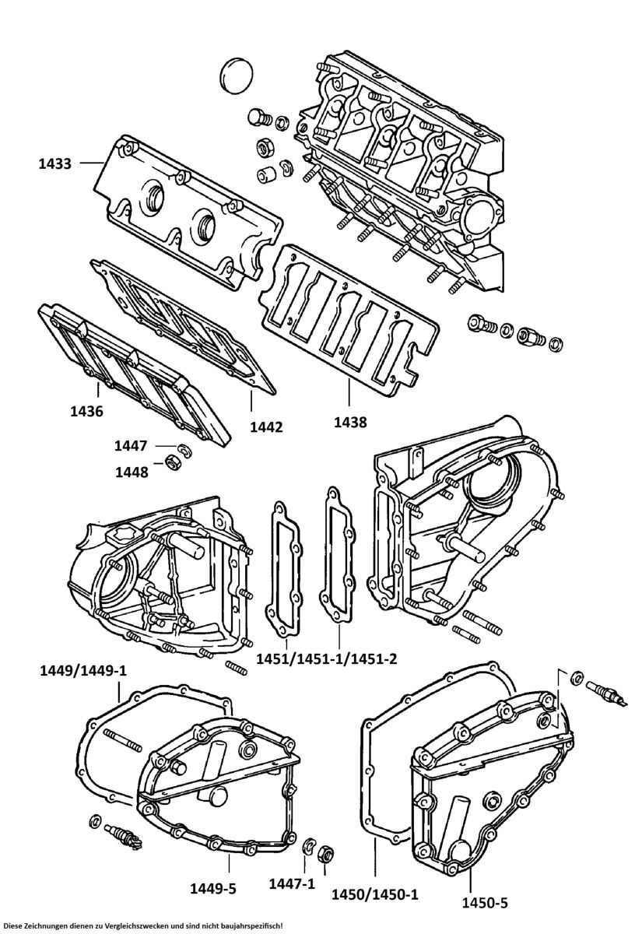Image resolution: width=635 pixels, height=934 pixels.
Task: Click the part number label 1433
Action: (x=54, y=163)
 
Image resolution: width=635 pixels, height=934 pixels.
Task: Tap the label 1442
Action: (x=266, y=427)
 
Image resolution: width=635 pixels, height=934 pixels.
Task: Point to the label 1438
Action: (x=349, y=422)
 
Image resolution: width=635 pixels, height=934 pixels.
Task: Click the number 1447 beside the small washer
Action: (x=131, y=446)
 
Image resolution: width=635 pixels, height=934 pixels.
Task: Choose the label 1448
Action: (x=132, y=472)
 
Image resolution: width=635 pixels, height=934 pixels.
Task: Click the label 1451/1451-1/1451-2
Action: (x=327, y=659)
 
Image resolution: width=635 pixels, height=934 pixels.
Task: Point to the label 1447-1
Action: (x=292, y=883)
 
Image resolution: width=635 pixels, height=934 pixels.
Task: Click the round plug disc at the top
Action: (x=234, y=73)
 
